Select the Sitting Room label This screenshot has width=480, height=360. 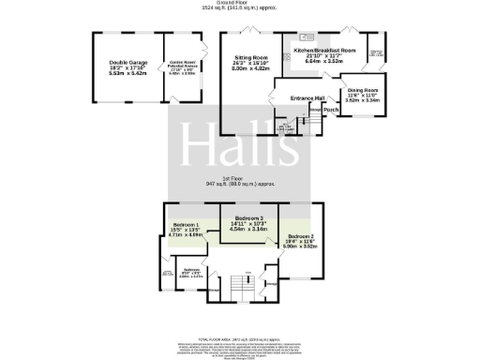(251, 57)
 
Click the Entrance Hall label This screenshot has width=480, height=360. (305, 97)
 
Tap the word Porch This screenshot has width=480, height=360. (330, 110)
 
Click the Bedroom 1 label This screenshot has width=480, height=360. (186, 226)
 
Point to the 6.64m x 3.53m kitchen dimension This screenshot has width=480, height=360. (324, 61)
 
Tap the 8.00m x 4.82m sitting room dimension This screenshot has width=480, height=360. (251, 68)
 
